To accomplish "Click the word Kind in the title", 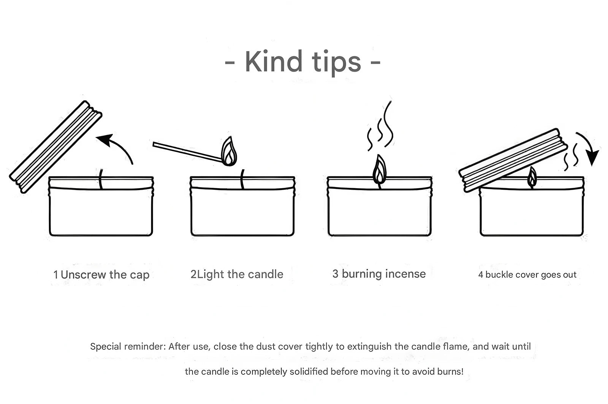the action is [x=274, y=61].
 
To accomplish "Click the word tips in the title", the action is [x=336, y=63].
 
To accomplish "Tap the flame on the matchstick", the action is [x=229, y=151].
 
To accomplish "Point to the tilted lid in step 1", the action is [x=55, y=147].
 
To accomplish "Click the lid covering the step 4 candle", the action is [x=513, y=160].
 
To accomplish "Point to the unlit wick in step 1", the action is [x=101, y=179].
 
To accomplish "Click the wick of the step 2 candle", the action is [x=242, y=179].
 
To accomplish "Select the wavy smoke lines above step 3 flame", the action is [x=380, y=126].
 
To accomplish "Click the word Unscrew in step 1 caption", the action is [x=83, y=274].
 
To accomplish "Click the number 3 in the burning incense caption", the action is [x=336, y=274].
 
